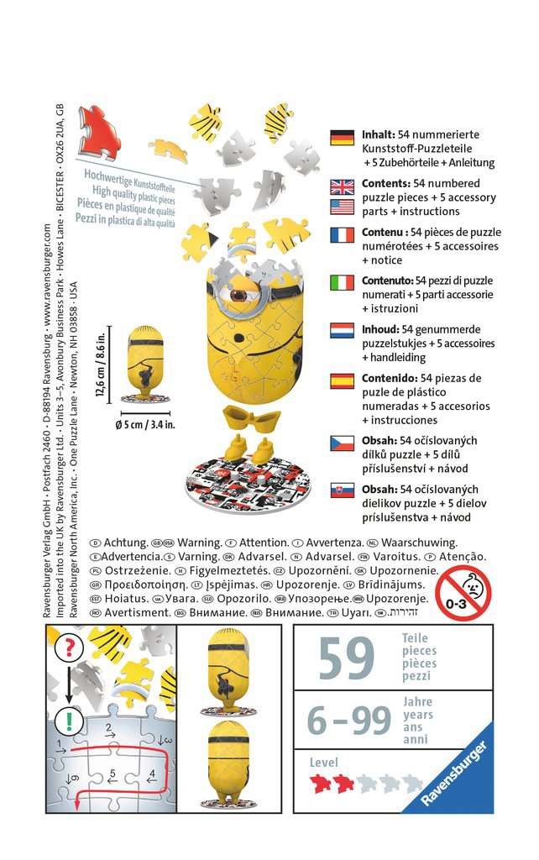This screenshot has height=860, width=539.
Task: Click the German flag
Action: coord(342,138)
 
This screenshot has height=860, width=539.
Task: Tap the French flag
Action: coord(342,234)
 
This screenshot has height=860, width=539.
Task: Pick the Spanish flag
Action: coord(342,380)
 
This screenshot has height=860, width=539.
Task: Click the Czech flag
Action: coord(342,443)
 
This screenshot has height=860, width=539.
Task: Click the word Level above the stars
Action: coord(323,763)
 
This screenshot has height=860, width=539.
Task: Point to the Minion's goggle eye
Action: coord(239,296)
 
